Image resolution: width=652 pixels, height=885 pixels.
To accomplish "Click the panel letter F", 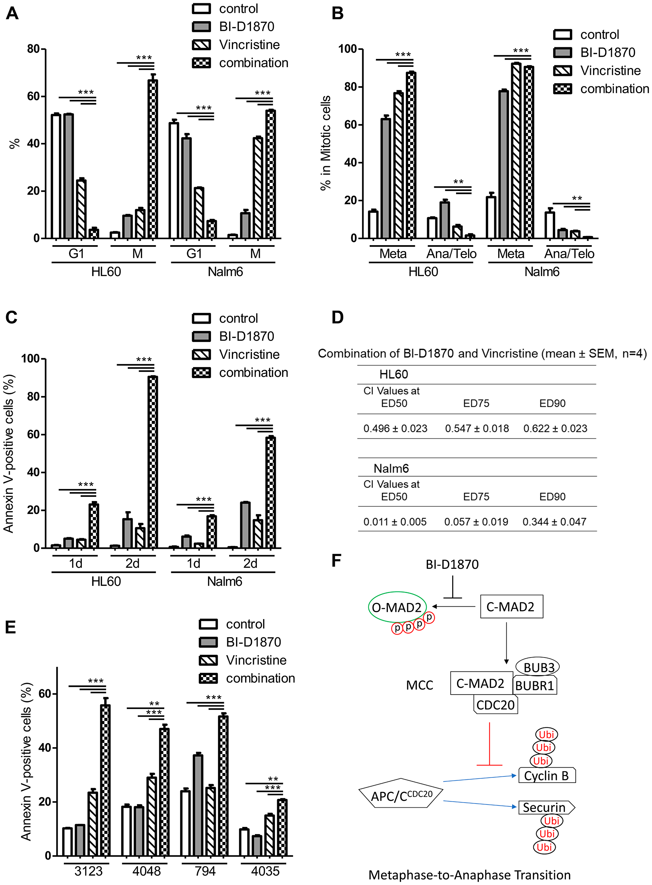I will [336, 560].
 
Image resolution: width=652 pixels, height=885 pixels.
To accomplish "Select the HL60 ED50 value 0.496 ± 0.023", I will [395, 429].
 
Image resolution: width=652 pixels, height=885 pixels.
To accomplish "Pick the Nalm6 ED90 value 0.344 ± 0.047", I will [554, 522].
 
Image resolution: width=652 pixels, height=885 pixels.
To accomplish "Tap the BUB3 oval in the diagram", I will [538, 667].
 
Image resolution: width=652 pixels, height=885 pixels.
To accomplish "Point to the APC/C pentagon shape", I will [401, 793].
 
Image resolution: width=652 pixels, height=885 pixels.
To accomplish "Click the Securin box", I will [545, 807].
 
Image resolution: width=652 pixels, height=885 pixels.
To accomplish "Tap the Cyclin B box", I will [546, 776].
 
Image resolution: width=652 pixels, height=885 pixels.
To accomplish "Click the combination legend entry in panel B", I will [602, 89].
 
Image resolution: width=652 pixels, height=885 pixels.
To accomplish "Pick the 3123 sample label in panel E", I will [88, 871].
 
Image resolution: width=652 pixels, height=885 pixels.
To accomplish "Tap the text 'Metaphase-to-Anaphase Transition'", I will [469, 875].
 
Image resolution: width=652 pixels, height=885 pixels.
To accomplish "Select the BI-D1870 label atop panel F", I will [452, 564].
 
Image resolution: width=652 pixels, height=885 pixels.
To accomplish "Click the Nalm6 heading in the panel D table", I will [391, 468].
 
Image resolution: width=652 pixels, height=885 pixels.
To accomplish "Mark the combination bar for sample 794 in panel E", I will [223, 785].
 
